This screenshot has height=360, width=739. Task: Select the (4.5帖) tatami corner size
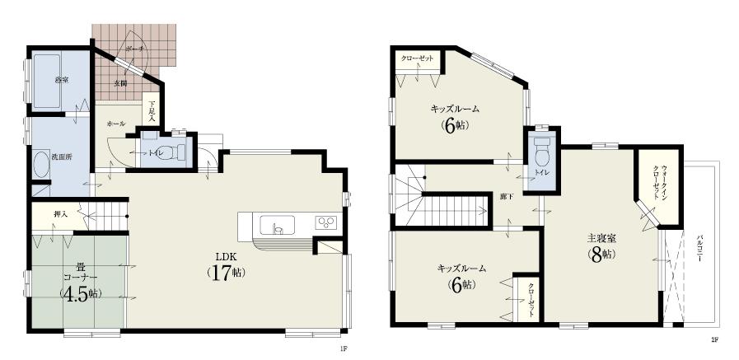(x=79, y=294)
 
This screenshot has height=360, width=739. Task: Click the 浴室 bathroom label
(x=60, y=80)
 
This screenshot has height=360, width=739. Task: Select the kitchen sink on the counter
(x=274, y=225)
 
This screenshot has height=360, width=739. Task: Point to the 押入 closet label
(x=60, y=214)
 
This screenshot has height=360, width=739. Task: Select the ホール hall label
(x=115, y=123)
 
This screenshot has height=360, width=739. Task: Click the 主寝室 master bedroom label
(x=600, y=240)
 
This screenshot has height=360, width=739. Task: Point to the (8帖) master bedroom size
(x=600, y=255)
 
